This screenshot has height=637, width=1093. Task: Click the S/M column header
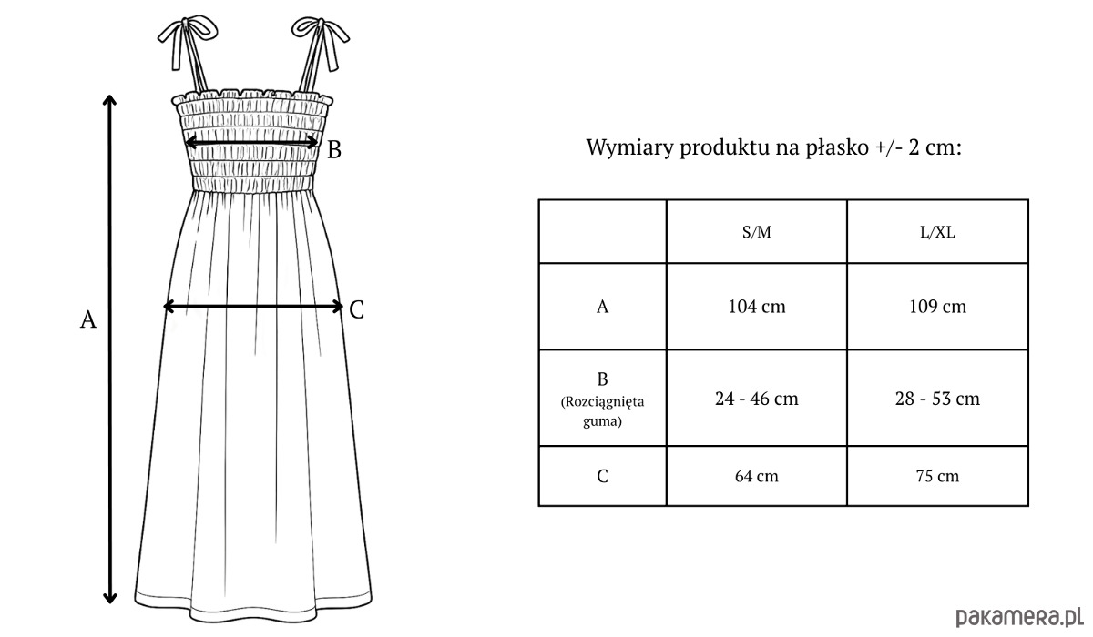point(756,232)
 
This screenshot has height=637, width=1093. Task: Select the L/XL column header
point(937,232)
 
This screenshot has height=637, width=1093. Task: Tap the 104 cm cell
point(757,307)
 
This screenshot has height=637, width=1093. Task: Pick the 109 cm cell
point(937,307)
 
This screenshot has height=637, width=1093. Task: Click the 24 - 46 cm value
point(757,399)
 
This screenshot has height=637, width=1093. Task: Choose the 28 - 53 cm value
point(937,399)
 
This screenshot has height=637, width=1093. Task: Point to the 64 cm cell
point(757,476)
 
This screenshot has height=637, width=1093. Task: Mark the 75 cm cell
point(937,476)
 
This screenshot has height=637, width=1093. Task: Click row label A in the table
point(603,307)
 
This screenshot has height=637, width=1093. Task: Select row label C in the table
point(603,476)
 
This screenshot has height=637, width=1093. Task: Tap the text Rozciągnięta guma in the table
point(603,411)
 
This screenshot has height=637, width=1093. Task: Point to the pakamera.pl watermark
point(1019,617)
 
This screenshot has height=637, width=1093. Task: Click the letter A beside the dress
point(88,319)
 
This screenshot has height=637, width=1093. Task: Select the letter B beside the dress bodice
point(333,150)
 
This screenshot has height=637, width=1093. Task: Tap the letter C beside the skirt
point(357,310)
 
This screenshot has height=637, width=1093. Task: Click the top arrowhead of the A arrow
point(110,99)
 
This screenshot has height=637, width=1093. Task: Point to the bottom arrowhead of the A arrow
point(110,598)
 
